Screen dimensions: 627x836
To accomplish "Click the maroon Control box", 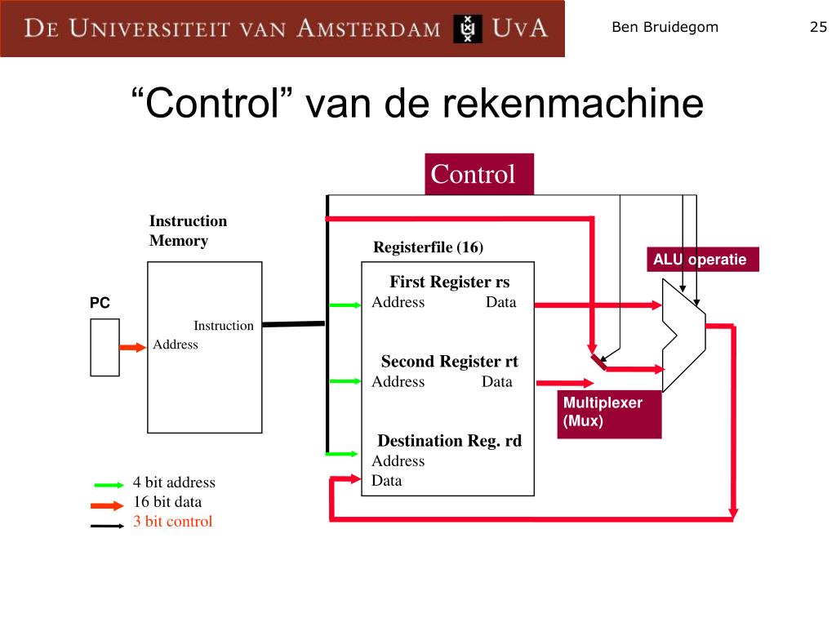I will [x=478, y=174].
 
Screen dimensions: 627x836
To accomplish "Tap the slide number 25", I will [x=818, y=27].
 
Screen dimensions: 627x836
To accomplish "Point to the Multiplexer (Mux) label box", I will [x=609, y=412].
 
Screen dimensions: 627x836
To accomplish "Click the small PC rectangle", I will [x=104, y=347].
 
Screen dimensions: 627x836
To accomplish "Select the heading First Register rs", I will [x=449, y=282].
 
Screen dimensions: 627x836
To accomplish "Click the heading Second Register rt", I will [x=449, y=361].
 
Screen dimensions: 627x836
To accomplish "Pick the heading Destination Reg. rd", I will [x=449, y=441].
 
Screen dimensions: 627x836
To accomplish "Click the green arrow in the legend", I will [x=109, y=484].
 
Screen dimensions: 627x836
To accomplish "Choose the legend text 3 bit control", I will [x=172, y=522].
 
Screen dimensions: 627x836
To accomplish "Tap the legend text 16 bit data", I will [x=167, y=502].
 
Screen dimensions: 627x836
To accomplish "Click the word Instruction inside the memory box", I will [x=223, y=326].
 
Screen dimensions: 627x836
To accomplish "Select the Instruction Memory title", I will [x=188, y=230].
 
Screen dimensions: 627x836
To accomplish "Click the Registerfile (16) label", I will [x=428, y=247].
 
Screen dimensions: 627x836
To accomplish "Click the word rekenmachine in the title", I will [x=572, y=104].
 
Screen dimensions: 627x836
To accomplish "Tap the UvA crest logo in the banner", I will [x=468, y=29].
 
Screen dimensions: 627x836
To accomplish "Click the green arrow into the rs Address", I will [x=344, y=305].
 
